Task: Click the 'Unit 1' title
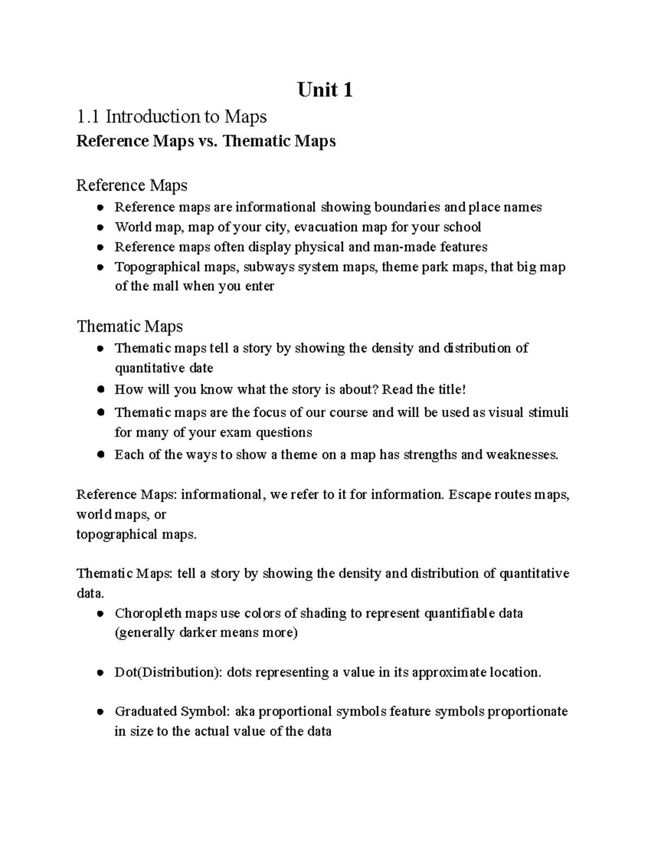point(325,90)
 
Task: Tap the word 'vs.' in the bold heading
point(208,141)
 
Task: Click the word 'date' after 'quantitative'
point(201,368)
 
